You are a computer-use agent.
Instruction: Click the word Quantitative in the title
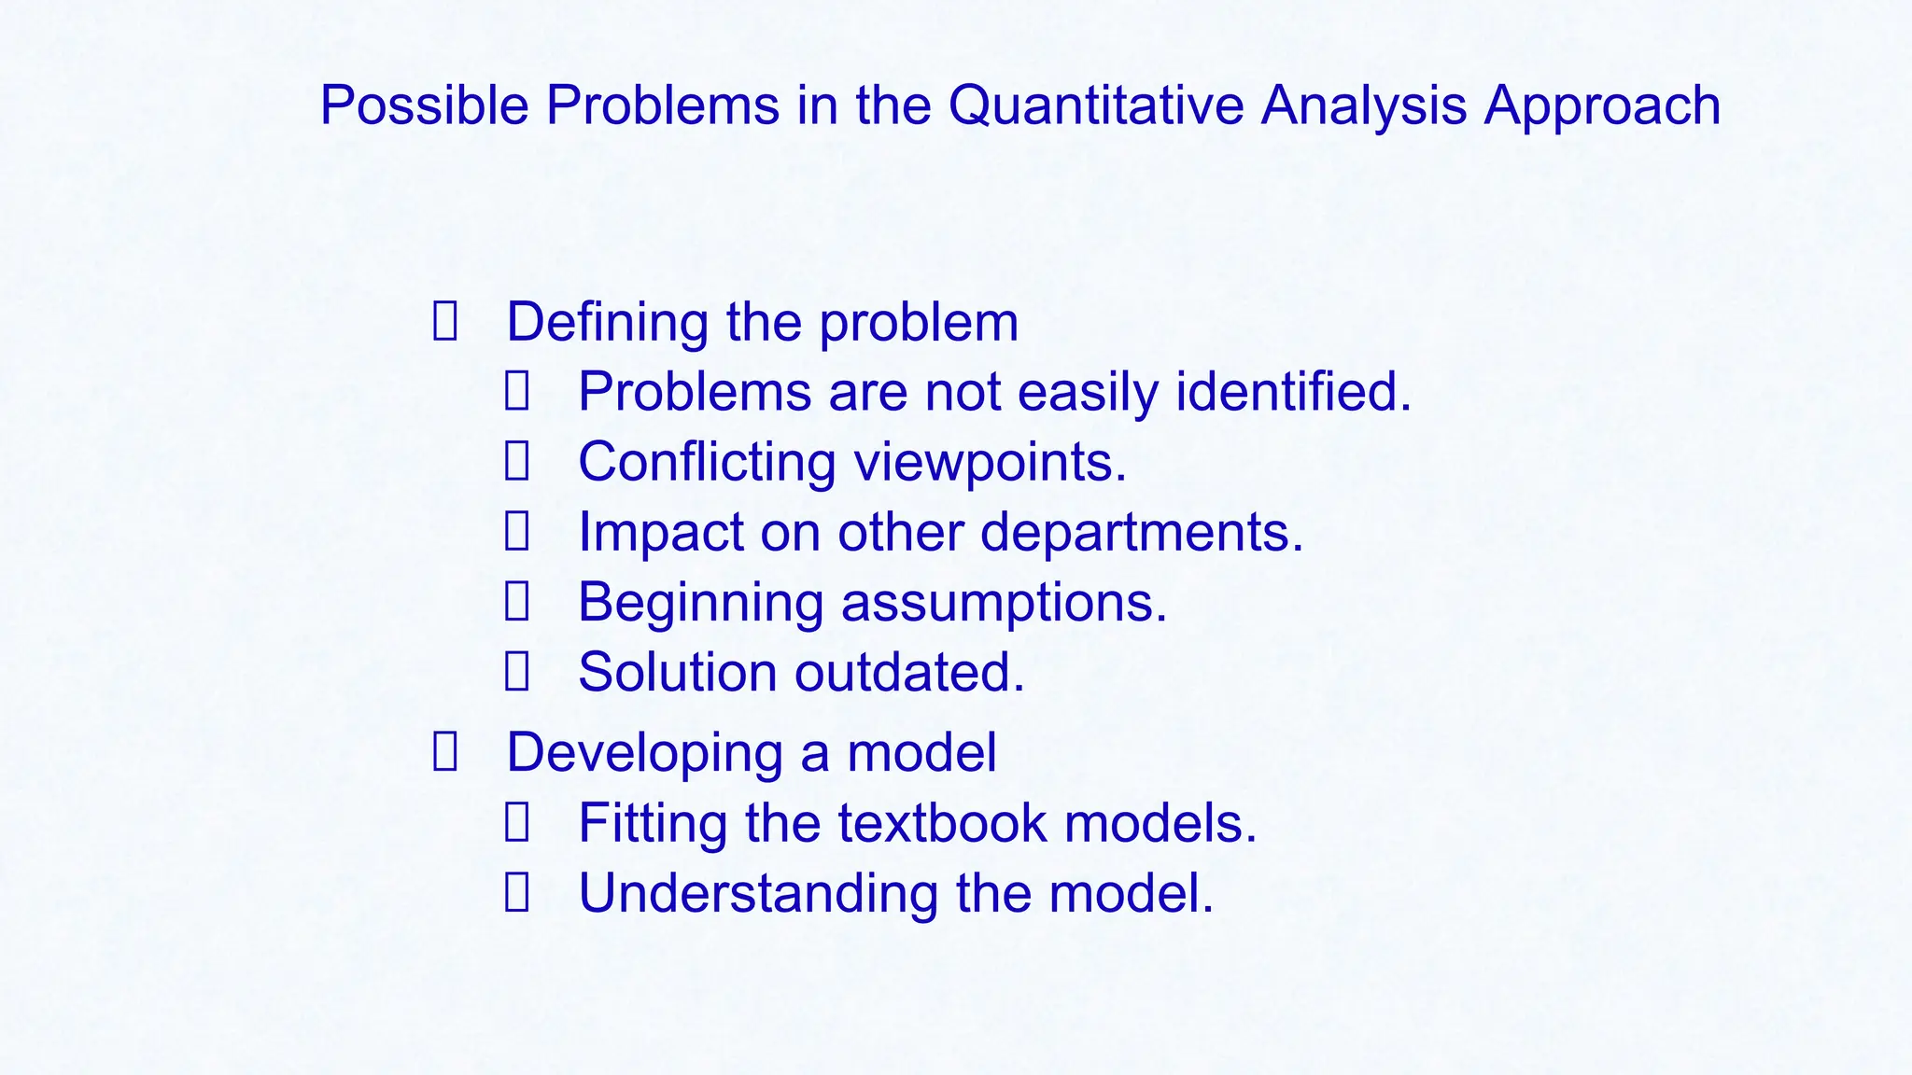1095,105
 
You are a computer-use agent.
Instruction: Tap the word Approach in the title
1602,105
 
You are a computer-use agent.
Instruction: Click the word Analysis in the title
1363,105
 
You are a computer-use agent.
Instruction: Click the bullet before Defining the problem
445,322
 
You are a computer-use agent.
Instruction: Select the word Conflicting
707,462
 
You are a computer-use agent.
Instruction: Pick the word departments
1141,532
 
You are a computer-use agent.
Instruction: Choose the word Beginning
700,602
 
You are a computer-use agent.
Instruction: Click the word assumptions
1004,602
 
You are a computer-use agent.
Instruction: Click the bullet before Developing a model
445,752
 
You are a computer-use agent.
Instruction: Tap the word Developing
644,752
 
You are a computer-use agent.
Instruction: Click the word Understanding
758,893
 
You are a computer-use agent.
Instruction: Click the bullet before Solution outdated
517,672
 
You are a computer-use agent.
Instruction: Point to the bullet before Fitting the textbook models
517,823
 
